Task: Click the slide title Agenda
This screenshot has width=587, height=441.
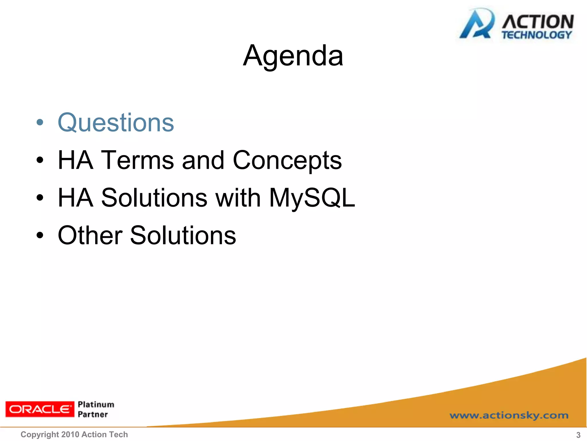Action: click(x=293, y=56)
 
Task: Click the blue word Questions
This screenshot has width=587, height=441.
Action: click(x=116, y=123)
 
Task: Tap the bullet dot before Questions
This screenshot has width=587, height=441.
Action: click(x=40, y=123)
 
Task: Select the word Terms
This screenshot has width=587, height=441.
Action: click(x=138, y=160)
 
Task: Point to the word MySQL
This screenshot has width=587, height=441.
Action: click(x=312, y=198)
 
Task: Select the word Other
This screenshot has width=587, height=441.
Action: click(x=90, y=235)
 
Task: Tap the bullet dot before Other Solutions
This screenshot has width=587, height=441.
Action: click(x=40, y=236)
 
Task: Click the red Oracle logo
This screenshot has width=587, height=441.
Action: click(x=40, y=409)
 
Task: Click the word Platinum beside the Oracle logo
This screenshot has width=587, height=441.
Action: click(x=96, y=404)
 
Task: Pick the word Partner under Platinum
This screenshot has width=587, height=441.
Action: click(x=93, y=414)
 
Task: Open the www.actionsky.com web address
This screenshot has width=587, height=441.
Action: click(x=509, y=415)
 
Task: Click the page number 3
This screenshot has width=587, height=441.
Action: click(x=578, y=435)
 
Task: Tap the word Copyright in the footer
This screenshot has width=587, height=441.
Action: click(x=40, y=434)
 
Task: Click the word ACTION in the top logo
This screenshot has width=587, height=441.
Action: click(x=538, y=22)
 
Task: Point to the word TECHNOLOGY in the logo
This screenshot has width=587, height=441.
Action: click(x=537, y=35)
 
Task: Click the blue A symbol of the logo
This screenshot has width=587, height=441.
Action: click(x=477, y=24)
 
